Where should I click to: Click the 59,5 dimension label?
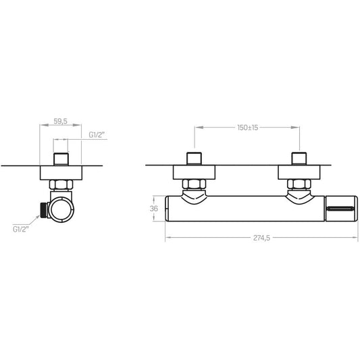pos(60,121)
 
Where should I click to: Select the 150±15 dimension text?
pos(247,128)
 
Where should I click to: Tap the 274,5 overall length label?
pos(261,238)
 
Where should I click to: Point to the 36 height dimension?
pos(154,209)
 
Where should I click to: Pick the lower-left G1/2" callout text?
pos(21,229)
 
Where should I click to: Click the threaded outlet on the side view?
pos(44,210)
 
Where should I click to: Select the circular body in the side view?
pos(61,209)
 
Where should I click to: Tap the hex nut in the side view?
pos(61,184)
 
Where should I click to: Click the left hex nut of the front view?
pos(195,184)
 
